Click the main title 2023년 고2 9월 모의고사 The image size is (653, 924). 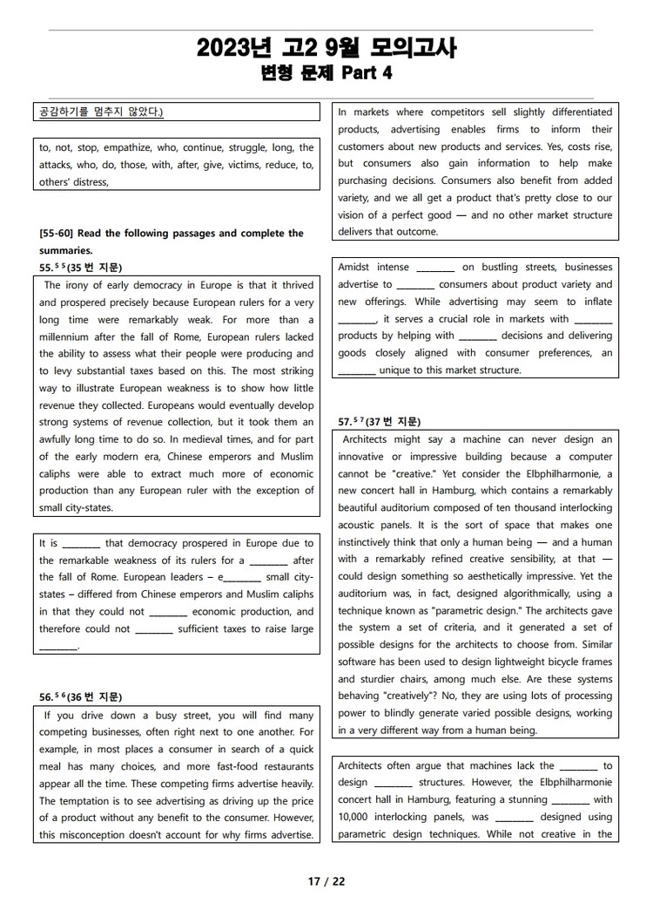coord(326,48)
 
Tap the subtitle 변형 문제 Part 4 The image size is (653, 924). coord(326,73)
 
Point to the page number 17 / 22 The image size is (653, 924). coord(326,881)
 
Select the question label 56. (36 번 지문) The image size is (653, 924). coord(80,697)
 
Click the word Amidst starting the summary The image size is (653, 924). coord(355,268)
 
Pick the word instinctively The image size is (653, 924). coord(374,542)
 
